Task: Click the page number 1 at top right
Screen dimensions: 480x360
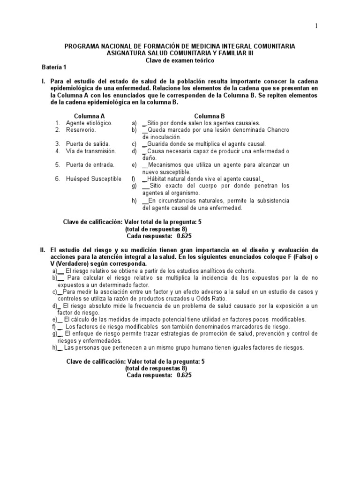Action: tap(316, 26)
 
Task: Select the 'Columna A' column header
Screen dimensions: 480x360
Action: tap(89, 115)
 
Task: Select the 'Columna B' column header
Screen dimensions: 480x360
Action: tap(210, 115)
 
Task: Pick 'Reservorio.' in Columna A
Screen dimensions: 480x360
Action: tap(80, 130)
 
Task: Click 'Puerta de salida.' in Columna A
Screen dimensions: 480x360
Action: tap(88, 144)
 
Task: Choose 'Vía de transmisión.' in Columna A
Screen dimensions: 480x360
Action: tap(90, 151)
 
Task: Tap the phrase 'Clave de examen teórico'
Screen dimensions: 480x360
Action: tap(180, 60)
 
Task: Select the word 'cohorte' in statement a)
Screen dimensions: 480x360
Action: tap(244, 271)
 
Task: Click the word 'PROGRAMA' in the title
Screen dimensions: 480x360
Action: tap(81, 46)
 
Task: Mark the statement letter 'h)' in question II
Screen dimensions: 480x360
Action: tap(56, 348)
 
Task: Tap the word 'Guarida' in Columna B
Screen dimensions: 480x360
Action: tap(159, 144)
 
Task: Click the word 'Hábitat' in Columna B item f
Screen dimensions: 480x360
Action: tap(158, 179)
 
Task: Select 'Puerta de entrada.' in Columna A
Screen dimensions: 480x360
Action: tap(89, 165)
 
